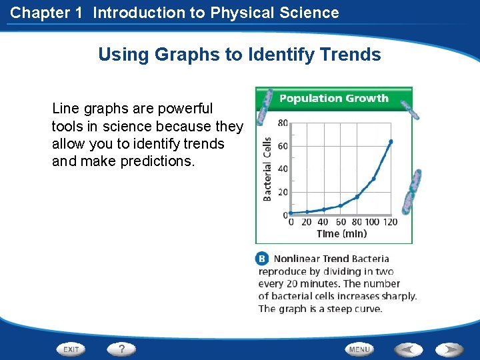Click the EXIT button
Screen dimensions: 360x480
pos(71,349)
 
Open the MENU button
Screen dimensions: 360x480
pos(359,349)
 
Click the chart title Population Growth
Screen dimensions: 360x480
pos(333,99)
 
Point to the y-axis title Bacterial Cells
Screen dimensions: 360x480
pos(267,169)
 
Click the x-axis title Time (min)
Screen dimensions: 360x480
pos(341,233)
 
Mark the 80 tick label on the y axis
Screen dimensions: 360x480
pos(283,123)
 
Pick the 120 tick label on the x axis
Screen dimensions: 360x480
pos(390,222)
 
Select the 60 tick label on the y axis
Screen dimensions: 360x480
pos(283,146)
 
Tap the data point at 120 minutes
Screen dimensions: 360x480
pos(391,141)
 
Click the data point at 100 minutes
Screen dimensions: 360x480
pos(373,179)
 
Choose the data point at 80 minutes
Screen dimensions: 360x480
pos(357,197)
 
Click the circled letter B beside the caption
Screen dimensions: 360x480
pos(263,259)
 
